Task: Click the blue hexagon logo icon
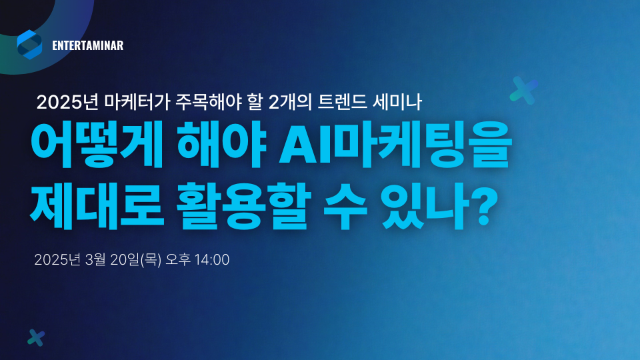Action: point(29,45)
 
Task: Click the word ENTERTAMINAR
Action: point(87,46)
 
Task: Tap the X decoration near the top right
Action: point(524,90)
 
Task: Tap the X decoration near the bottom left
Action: point(36,338)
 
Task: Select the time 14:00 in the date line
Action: point(213,259)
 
